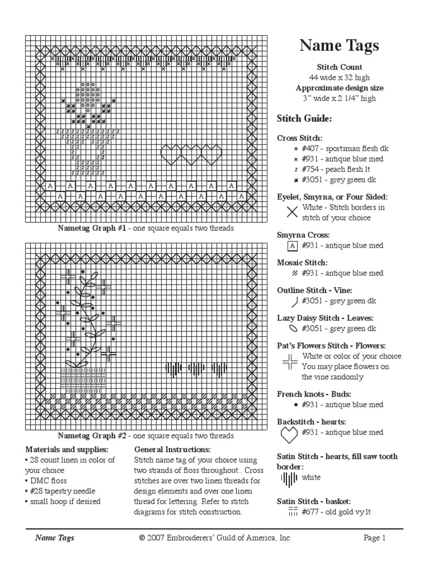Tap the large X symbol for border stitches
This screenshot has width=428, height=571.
(x=291, y=212)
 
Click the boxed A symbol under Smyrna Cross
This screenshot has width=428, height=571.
(x=291, y=245)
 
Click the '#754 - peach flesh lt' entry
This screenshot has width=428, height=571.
(x=336, y=168)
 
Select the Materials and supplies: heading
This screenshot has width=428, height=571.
(x=67, y=449)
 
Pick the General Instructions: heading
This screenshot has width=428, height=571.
(x=172, y=449)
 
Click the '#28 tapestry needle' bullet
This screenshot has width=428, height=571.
(x=62, y=491)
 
